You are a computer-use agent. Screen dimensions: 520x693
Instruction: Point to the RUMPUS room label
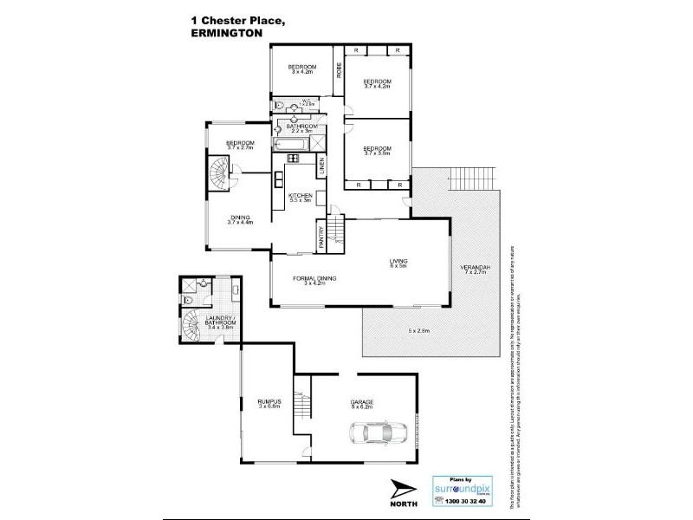(x=269, y=402)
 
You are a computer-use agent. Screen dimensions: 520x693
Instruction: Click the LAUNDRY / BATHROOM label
(x=220, y=321)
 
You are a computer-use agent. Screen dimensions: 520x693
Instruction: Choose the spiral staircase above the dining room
(x=222, y=179)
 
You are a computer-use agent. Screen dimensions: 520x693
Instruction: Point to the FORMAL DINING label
(x=314, y=279)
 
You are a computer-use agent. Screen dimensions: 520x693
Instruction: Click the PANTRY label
(x=321, y=236)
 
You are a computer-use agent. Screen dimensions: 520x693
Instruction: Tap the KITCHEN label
(x=300, y=197)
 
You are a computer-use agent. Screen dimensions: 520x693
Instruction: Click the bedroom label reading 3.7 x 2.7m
(x=240, y=145)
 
